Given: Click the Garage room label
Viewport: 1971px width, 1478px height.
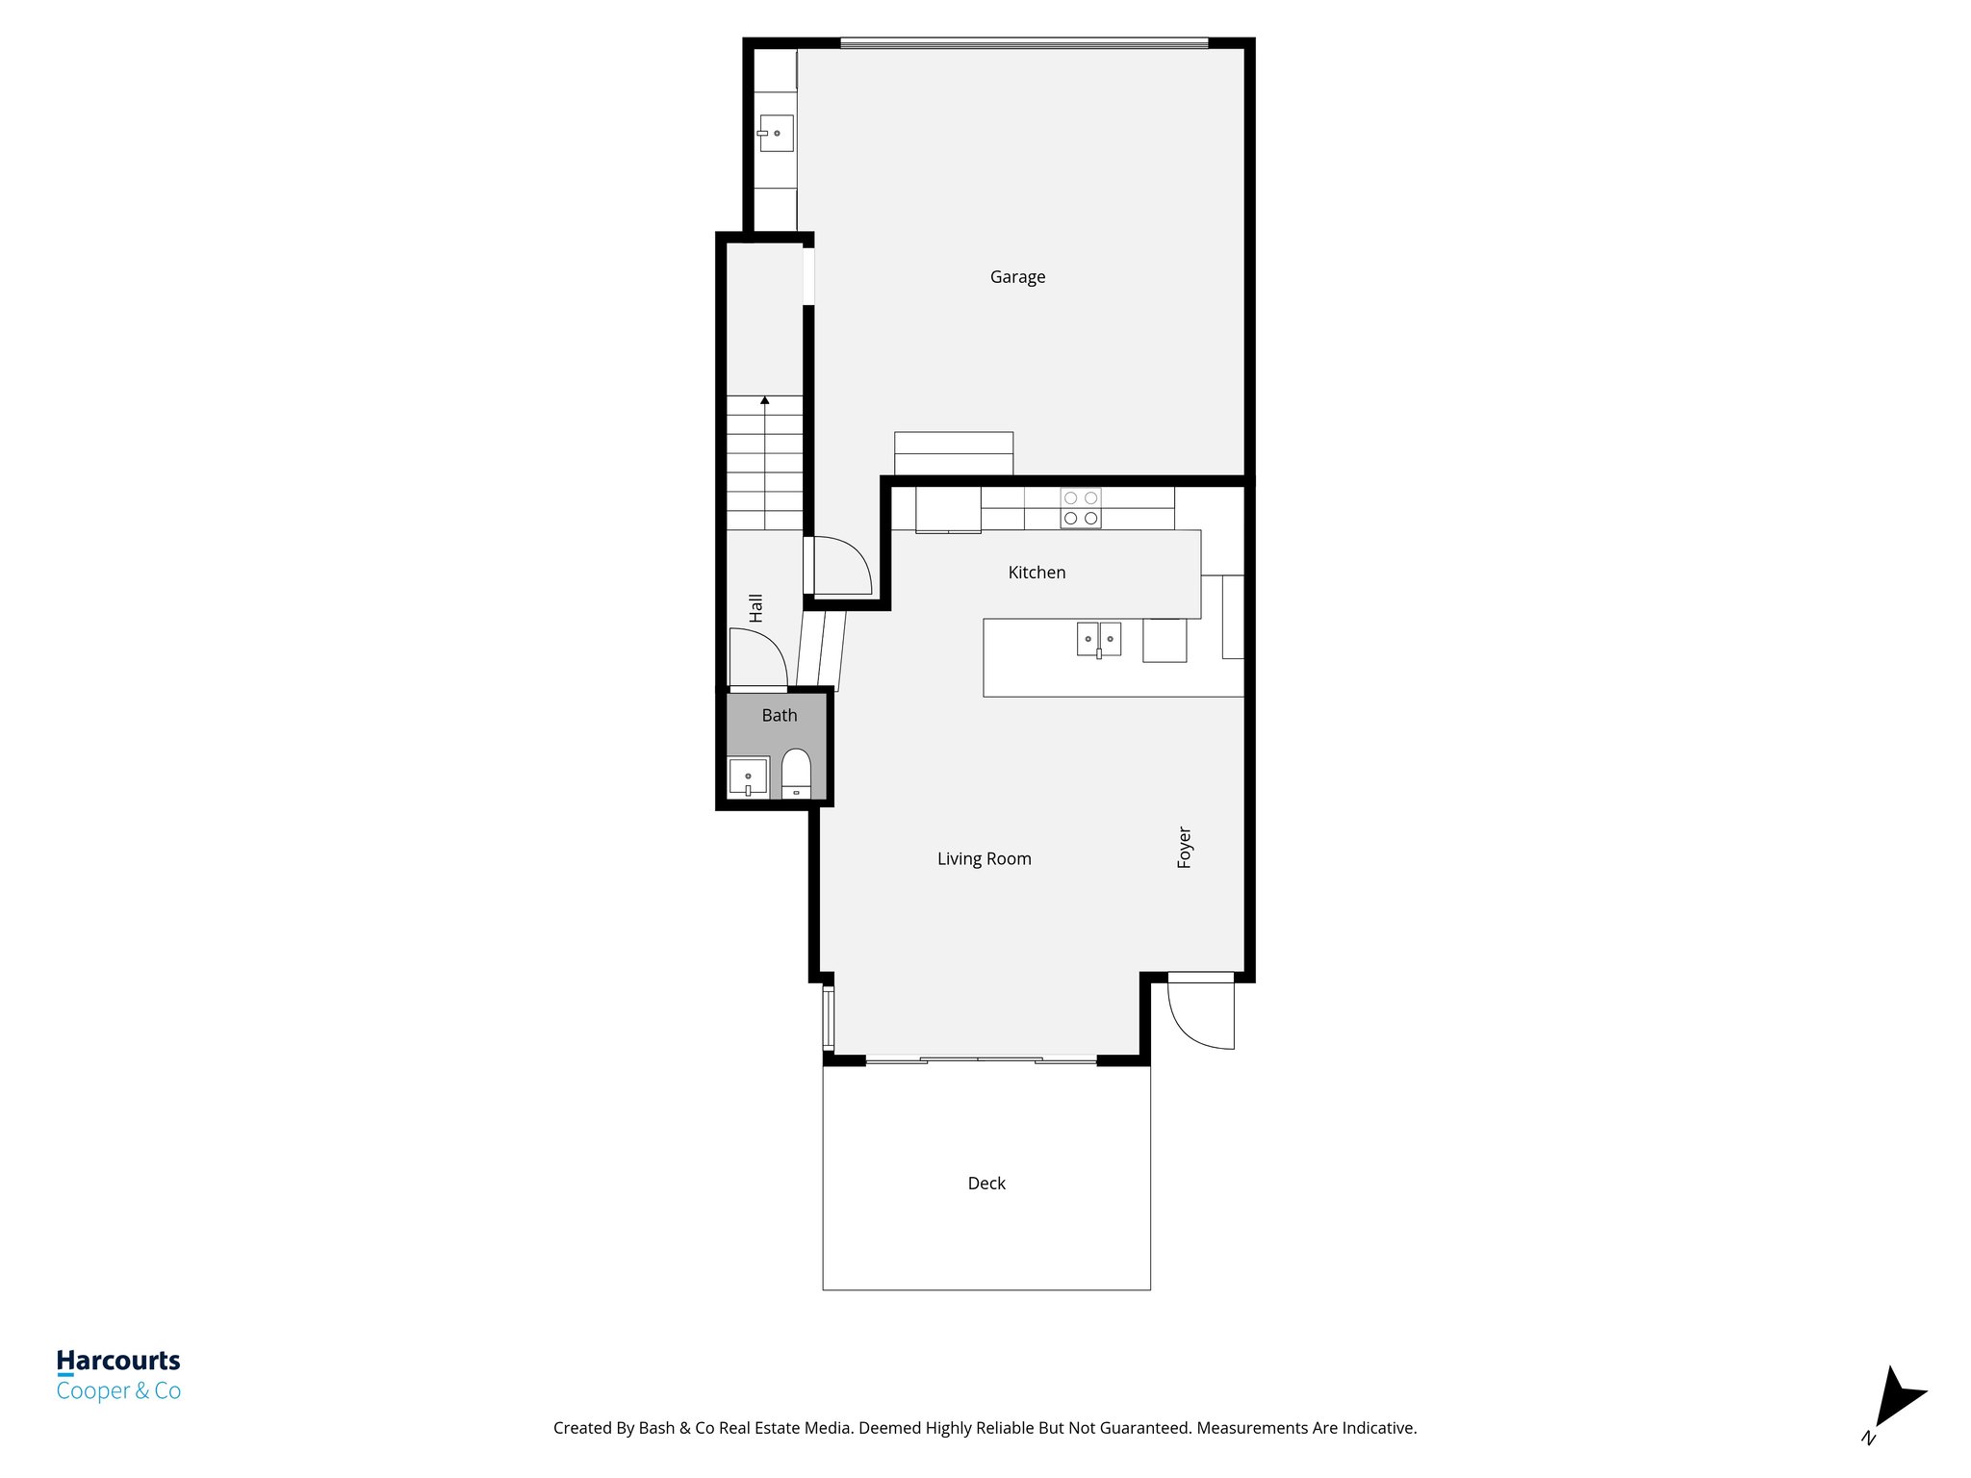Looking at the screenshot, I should [x=1017, y=277].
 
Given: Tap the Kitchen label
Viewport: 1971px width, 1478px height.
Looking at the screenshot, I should [x=1037, y=573].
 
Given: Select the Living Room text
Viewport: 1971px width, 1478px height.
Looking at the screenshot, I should [x=984, y=858].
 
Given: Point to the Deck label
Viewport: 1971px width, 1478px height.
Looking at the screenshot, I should [x=986, y=1184].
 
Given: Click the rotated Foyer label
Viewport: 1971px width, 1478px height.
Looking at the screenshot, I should [x=1185, y=847].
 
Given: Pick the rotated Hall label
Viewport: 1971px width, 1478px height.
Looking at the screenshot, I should [x=756, y=607].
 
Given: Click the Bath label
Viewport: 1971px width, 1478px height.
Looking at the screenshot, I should [x=779, y=715].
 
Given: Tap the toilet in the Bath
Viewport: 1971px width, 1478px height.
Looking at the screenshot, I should [x=796, y=773].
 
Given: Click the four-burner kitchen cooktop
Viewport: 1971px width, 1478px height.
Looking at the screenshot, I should [x=1080, y=508].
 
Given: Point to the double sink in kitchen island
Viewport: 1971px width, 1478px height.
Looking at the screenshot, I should [x=1099, y=639].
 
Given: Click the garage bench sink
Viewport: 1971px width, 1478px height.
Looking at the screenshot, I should [x=776, y=133].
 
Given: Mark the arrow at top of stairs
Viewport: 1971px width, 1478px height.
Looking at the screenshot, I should [x=764, y=399].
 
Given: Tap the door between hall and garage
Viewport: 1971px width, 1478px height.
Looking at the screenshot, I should [x=840, y=566].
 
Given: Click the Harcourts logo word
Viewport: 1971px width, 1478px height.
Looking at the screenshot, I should [x=118, y=1360].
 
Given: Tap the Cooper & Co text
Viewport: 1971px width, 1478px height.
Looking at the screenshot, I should [x=118, y=1390].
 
